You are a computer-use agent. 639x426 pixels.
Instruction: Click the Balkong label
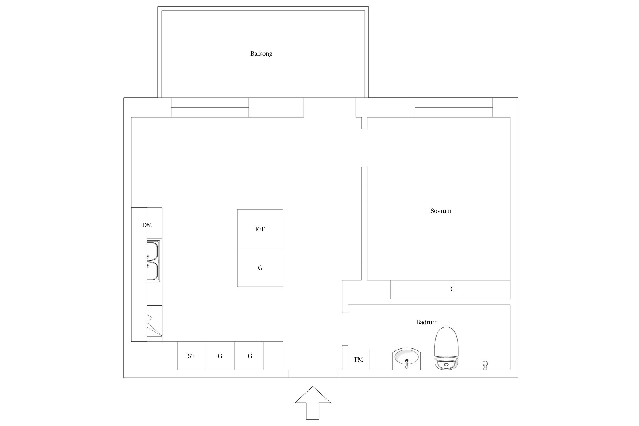click(261, 53)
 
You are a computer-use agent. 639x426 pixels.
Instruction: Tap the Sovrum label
click(441, 211)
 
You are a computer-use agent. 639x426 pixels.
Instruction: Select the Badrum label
click(427, 322)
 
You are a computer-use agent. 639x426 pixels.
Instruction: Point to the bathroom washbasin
click(406, 359)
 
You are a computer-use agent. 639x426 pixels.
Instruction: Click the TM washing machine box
click(359, 359)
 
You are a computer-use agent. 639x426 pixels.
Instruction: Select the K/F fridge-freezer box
click(260, 229)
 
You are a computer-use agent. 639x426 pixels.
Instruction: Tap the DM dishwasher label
click(147, 225)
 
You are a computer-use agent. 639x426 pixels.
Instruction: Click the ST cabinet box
click(192, 356)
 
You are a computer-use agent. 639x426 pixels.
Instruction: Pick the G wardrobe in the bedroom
click(450, 289)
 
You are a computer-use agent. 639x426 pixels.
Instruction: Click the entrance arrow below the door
click(313, 403)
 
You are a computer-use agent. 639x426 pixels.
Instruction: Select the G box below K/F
click(260, 267)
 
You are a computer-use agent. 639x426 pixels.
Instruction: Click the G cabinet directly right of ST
click(220, 356)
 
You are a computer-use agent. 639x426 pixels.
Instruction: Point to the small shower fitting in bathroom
click(485, 365)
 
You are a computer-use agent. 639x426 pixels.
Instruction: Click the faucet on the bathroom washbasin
click(406, 363)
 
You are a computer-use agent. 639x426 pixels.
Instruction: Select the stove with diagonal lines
click(154, 321)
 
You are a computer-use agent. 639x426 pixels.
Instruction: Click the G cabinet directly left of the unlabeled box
click(249, 356)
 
